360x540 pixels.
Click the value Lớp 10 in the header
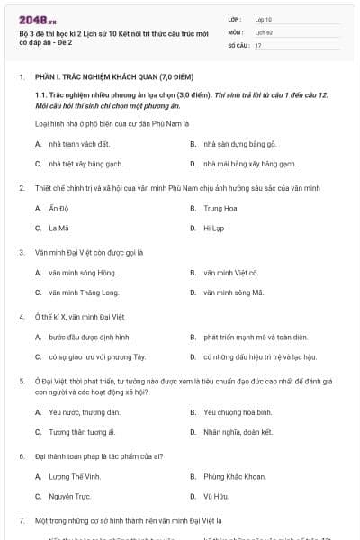point(264,18)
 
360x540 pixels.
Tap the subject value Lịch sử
point(264,31)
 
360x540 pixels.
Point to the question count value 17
point(258,44)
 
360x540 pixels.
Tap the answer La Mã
point(58,229)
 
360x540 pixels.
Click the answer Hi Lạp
point(212,229)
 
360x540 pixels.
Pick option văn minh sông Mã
point(233,292)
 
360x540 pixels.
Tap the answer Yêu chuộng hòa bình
point(238,411)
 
